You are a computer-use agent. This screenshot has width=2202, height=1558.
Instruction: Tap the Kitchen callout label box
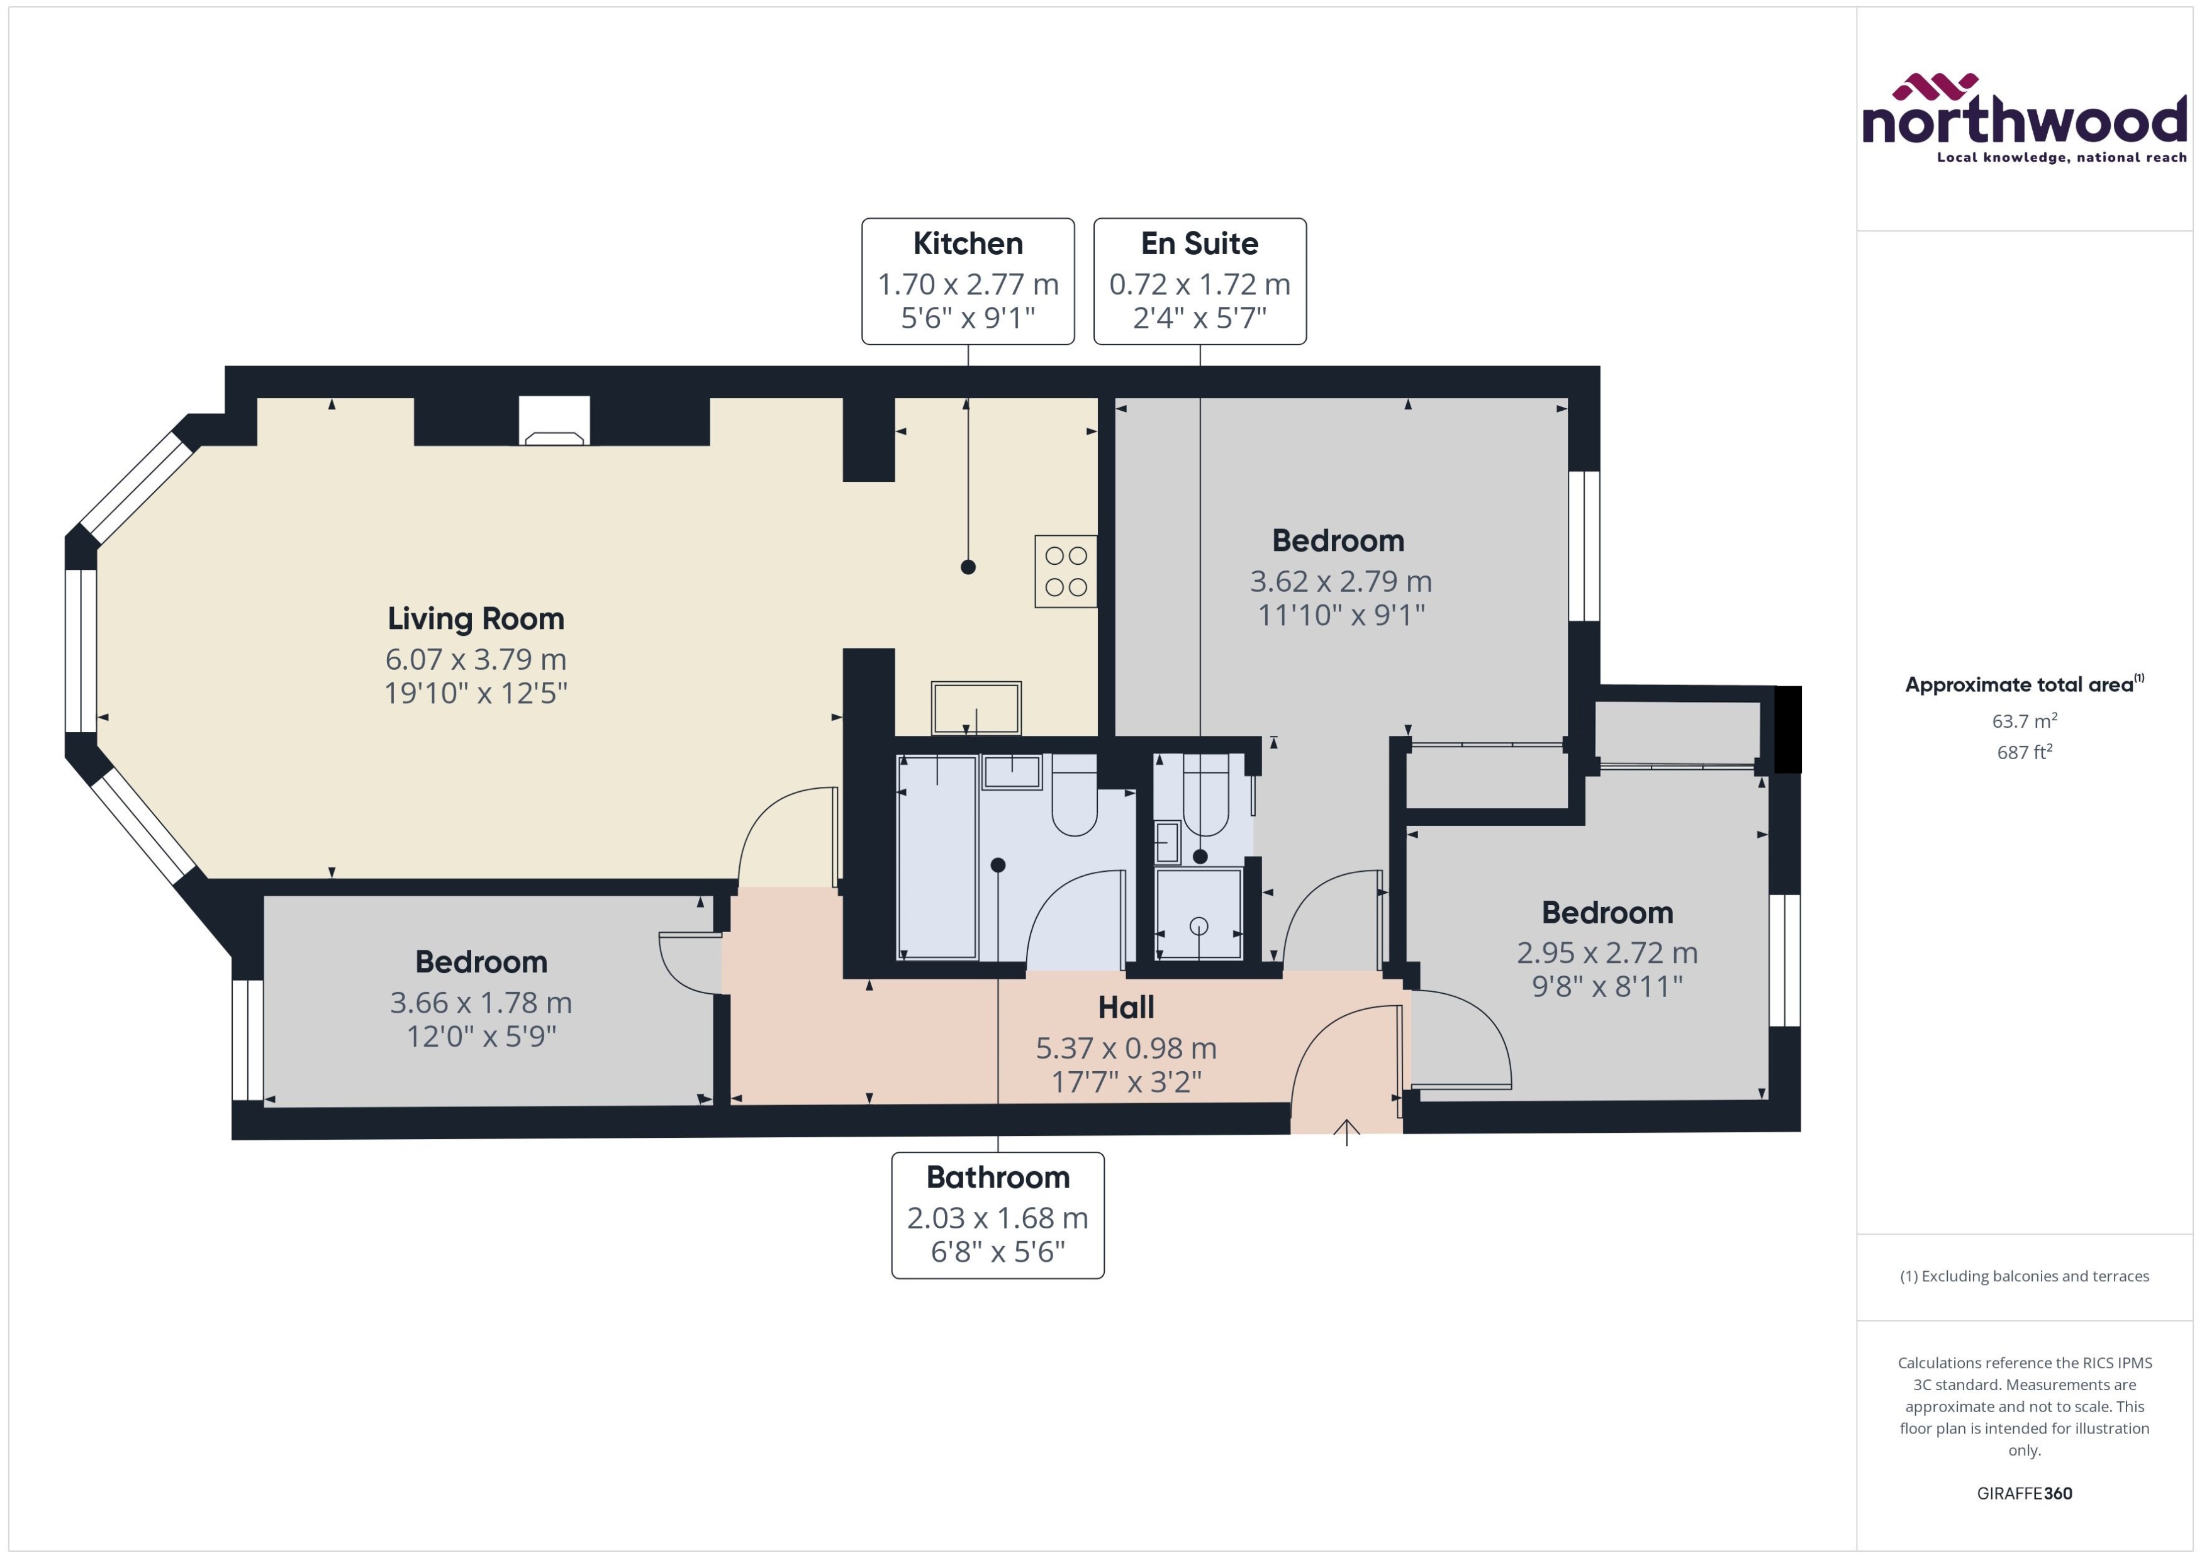coord(967,280)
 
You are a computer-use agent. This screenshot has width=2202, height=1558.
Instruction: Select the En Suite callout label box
coord(1199,280)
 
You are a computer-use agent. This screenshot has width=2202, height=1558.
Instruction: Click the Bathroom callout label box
coord(997,1215)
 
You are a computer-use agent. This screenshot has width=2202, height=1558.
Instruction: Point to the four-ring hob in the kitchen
coord(1065,571)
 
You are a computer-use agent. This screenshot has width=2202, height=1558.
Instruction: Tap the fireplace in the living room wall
coord(554,422)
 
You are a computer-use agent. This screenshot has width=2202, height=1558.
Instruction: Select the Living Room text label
coord(476,619)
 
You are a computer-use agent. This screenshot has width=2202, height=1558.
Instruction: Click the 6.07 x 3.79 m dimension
coord(476,660)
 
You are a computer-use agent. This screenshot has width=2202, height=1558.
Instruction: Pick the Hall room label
coord(1126,1008)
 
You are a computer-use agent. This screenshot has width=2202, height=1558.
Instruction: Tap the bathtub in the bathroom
coord(936,857)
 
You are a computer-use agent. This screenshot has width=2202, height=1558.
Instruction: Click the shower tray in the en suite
coord(1199,915)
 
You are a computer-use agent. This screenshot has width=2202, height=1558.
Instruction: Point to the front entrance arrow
coord(1346,1133)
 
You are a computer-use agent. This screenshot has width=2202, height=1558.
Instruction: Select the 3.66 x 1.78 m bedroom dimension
coord(481,1003)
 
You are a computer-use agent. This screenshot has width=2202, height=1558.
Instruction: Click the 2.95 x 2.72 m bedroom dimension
coord(1607,953)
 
